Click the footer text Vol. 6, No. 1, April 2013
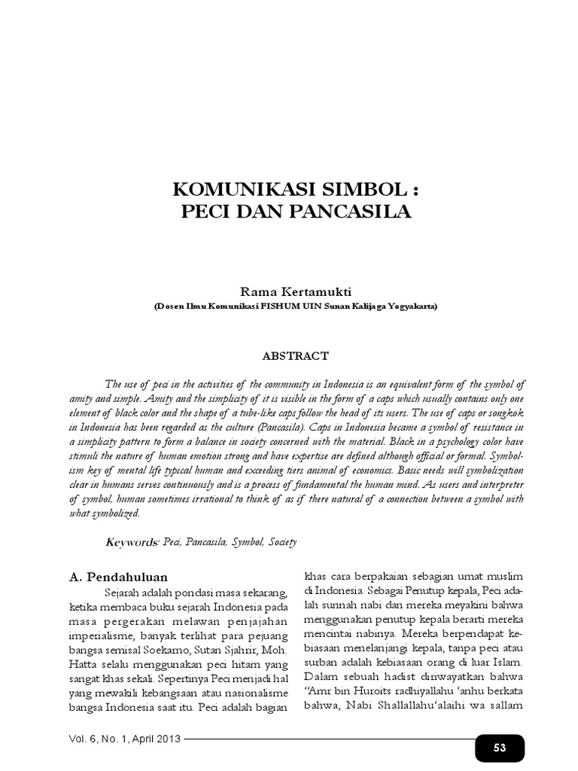[x=126, y=739]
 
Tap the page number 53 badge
[x=499, y=747]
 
